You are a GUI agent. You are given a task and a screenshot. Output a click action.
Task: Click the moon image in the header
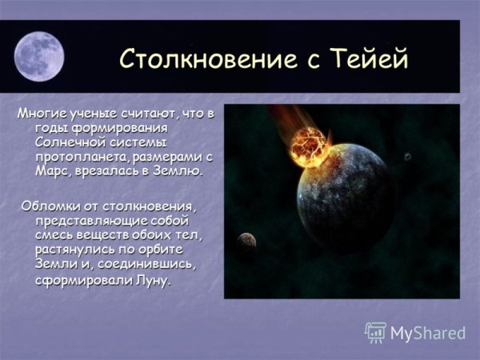pyautogui.click(x=39, y=55)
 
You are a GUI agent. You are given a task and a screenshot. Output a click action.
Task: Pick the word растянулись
pyautogui.click(x=73, y=250)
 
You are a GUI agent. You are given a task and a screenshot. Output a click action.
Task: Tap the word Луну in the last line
pyautogui.click(x=154, y=281)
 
